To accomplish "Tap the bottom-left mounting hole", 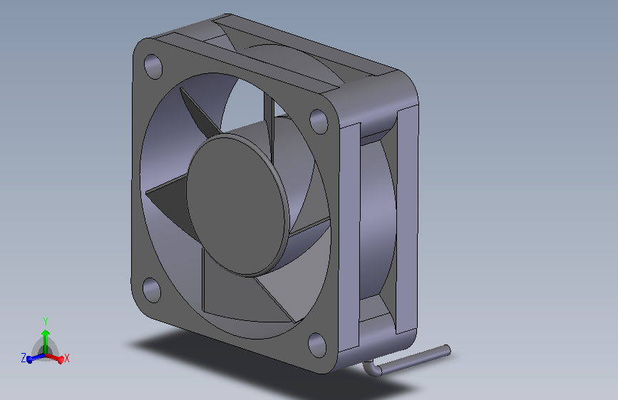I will point(152,289).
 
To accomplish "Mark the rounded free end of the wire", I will point(448,349).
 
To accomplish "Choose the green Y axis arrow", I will point(46,337).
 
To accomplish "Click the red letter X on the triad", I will point(67,359).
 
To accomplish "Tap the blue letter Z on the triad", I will point(24,358).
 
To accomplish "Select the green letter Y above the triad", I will point(46,321).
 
